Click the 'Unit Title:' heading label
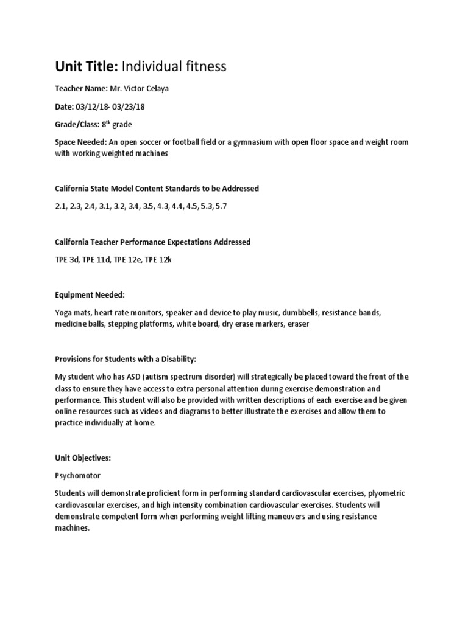point(82,67)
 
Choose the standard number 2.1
point(60,207)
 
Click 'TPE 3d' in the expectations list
point(67,260)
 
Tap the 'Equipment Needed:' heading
point(89,295)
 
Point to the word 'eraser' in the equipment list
point(297,324)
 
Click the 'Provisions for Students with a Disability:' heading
point(127,359)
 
